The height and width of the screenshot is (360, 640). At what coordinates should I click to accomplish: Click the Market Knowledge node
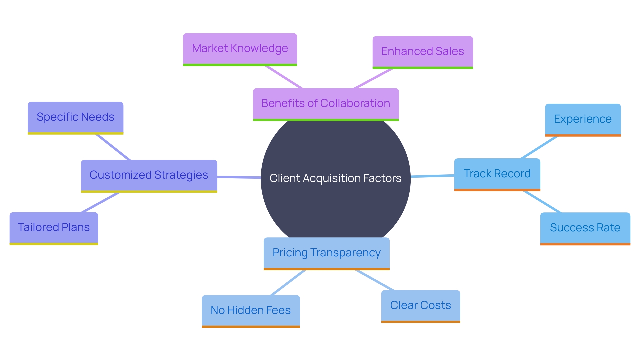pyautogui.click(x=240, y=49)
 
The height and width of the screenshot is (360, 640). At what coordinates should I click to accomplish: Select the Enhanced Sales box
pyautogui.click(x=422, y=52)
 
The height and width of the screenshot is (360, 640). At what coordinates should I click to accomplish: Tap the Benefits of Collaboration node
pyautogui.click(x=326, y=103)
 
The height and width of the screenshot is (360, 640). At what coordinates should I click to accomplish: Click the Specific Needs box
pyautogui.click(x=75, y=117)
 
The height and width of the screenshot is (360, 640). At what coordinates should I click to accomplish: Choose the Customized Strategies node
pyautogui.click(x=149, y=175)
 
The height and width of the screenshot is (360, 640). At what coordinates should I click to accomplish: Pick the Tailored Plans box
pyautogui.click(x=54, y=227)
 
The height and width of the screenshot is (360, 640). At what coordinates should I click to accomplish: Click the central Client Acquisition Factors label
pyautogui.click(x=335, y=178)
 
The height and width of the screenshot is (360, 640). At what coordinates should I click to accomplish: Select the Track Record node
pyautogui.click(x=497, y=174)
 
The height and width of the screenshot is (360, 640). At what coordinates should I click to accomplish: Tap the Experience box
pyautogui.click(x=583, y=119)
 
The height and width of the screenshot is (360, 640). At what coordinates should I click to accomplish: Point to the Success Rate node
pyautogui.click(x=585, y=228)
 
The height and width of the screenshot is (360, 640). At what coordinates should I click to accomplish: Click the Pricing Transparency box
pyautogui.click(x=326, y=253)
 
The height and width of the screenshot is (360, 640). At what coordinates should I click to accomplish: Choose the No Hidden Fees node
pyautogui.click(x=251, y=310)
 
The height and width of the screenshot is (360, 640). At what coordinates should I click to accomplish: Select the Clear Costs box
pyautogui.click(x=420, y=305)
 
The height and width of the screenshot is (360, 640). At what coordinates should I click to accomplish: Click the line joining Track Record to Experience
pyautogui.click(x=539, y=147)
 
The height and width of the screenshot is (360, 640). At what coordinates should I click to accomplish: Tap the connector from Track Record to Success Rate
pyautogui.click(x=543, y=202)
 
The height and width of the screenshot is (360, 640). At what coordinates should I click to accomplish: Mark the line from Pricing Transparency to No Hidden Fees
pyautogui.click(x=288, y=283)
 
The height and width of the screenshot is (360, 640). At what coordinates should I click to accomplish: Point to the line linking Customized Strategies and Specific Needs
pyautogui.click(x=113, y=147)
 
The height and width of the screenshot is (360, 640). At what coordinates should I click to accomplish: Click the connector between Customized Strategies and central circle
pyautogui.click(x=239, y=177)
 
